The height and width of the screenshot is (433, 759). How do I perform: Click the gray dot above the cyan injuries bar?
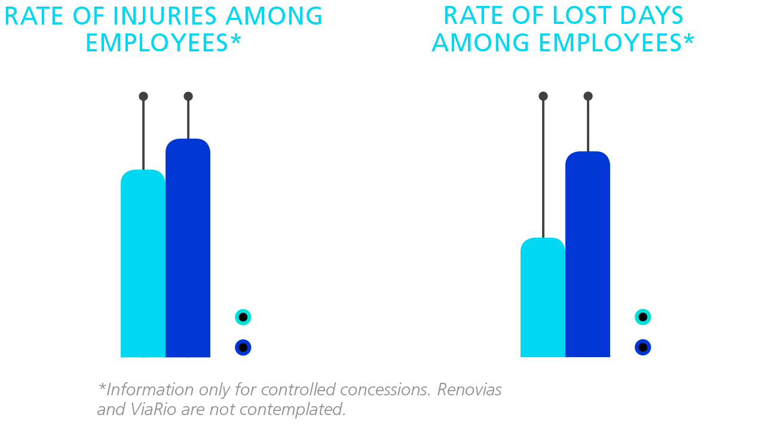coord(143,96)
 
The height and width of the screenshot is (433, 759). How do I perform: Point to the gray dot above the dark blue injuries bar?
coord(188,96)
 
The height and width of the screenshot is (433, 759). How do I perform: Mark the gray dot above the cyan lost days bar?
coord(543,96)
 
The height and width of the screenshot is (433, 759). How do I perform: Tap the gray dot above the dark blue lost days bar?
coord(588,96)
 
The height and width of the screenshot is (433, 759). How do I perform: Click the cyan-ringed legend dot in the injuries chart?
coord(243,317)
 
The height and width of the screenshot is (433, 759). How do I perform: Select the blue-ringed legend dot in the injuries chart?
coord(243,347)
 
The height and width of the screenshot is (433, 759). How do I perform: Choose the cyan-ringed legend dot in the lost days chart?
coord(643,317)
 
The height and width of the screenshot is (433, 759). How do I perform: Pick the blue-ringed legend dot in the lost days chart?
coord(643,347)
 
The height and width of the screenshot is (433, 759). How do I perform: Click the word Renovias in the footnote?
coord(469,390)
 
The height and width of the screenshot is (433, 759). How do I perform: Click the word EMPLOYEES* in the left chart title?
coord(163,43)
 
